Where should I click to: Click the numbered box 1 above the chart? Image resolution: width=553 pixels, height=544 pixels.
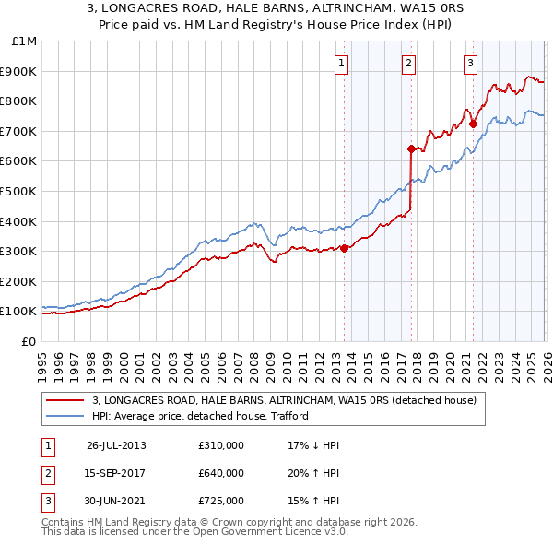tap(342, 64)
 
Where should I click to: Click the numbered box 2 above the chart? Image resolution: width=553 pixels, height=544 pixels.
tap(407, 64)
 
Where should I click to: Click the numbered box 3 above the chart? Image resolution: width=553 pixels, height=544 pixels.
tap(470, 64)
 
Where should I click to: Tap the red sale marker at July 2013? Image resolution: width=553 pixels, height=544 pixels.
tap(344, 248)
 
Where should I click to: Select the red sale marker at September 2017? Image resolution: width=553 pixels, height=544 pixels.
tap(411, 148)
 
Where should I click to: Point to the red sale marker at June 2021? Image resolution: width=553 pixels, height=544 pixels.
tap(473, 123)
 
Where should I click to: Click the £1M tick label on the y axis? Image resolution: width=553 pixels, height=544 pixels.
tap(25, 41)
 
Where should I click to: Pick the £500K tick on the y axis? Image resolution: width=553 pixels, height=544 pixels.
tap(19, 192)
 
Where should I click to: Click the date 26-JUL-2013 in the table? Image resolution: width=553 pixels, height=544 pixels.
tap(116, 445)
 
